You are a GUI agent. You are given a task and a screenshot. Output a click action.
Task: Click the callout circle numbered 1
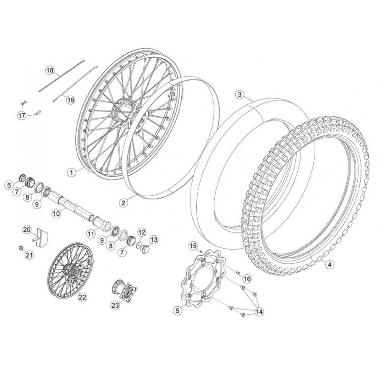click(71, 172)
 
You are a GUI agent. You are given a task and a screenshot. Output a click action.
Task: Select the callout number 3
click(240, 94)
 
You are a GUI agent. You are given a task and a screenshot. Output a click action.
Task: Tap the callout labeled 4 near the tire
click(330, 264)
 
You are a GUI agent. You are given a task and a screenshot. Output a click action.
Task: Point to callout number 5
click(178, 310)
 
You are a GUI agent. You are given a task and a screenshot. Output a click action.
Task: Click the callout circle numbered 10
click(56, 214)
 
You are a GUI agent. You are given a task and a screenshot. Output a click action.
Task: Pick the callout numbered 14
click(259, 312)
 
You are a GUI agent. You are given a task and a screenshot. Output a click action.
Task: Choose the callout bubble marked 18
click(50, 70)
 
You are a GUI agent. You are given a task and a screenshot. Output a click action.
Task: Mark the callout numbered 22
click(82, 297)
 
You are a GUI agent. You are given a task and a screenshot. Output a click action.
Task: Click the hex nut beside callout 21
click(21, 248)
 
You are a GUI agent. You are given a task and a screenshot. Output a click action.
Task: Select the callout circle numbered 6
click(9, 185)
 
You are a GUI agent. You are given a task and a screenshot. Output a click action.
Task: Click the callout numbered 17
click(21, 115)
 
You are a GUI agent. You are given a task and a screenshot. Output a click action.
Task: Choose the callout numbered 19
click(70, 100)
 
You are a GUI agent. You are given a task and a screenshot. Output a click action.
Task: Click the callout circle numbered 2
click(123, 203)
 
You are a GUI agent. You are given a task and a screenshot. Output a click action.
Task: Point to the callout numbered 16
click(247, 279)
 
